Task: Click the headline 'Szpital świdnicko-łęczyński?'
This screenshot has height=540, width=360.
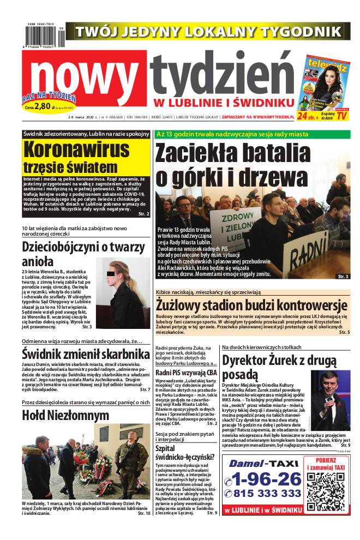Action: [185, 454]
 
